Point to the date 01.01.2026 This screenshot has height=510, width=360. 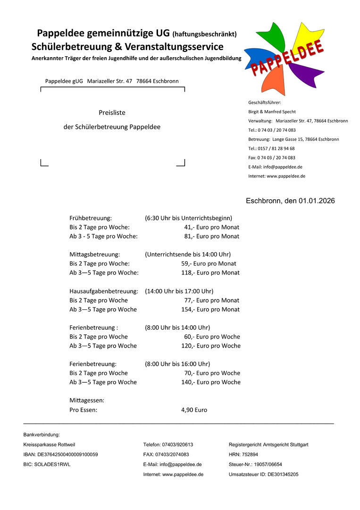317,201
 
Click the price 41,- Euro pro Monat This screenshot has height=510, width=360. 211,227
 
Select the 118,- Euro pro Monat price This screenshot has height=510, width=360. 210,272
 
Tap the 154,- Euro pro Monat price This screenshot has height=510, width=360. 210,309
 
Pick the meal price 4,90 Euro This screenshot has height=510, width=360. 194,410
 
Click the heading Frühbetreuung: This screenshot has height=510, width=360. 91,218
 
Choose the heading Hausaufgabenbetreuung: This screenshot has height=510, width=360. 104,291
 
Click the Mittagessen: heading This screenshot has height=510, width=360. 87,400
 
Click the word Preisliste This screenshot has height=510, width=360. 112,112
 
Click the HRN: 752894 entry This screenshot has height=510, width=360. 243,454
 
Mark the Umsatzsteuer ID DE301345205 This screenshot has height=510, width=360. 263,474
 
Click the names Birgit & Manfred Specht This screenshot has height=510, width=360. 272,112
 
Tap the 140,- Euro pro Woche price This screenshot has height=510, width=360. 210,382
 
